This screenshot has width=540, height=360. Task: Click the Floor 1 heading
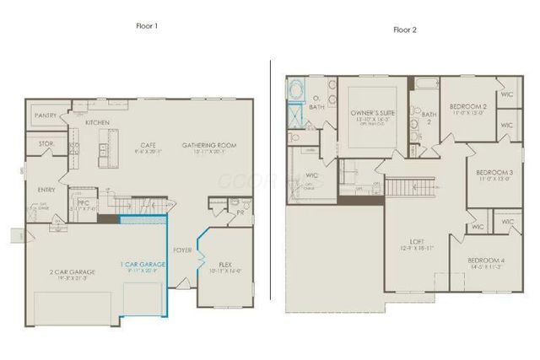(147, 26)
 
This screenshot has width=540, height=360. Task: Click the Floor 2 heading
(404, 30)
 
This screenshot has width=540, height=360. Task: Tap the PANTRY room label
(46, 115)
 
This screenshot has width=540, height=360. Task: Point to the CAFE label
(148, 145)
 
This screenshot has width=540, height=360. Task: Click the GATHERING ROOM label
(209, 145)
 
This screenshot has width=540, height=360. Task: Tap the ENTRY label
(46, 191)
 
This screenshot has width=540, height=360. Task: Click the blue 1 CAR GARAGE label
(143, 265)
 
